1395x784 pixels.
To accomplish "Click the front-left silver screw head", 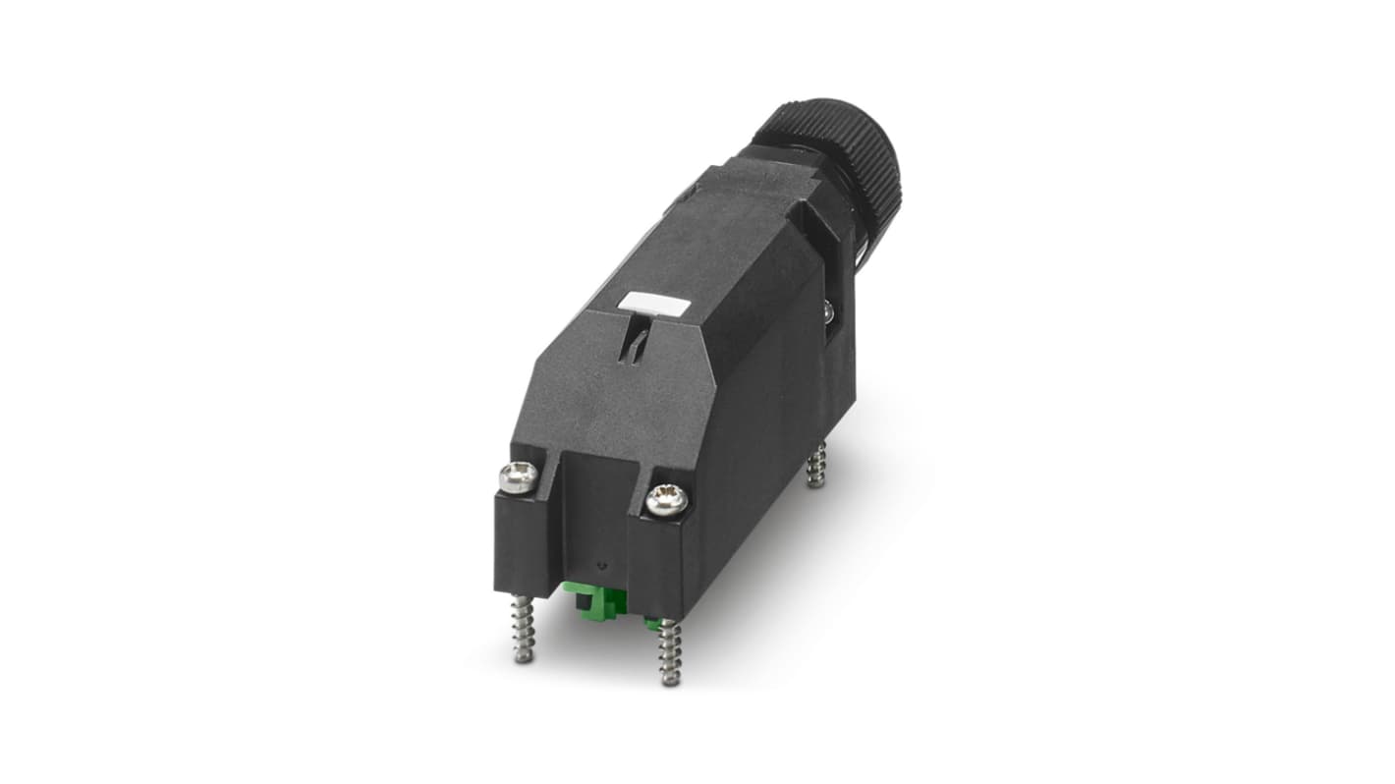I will (x=518, y=477).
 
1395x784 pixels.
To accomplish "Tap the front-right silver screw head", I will (x=666, y=500).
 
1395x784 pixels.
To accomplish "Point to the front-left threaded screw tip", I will (x=524, y=631).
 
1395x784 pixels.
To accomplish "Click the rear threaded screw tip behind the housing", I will (x=816, y=464).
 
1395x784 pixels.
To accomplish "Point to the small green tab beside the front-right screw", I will (x=651, y=622).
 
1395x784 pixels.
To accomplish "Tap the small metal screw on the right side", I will (x=827, y=311).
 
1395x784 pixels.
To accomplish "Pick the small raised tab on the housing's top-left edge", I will (x=683, y=201).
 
